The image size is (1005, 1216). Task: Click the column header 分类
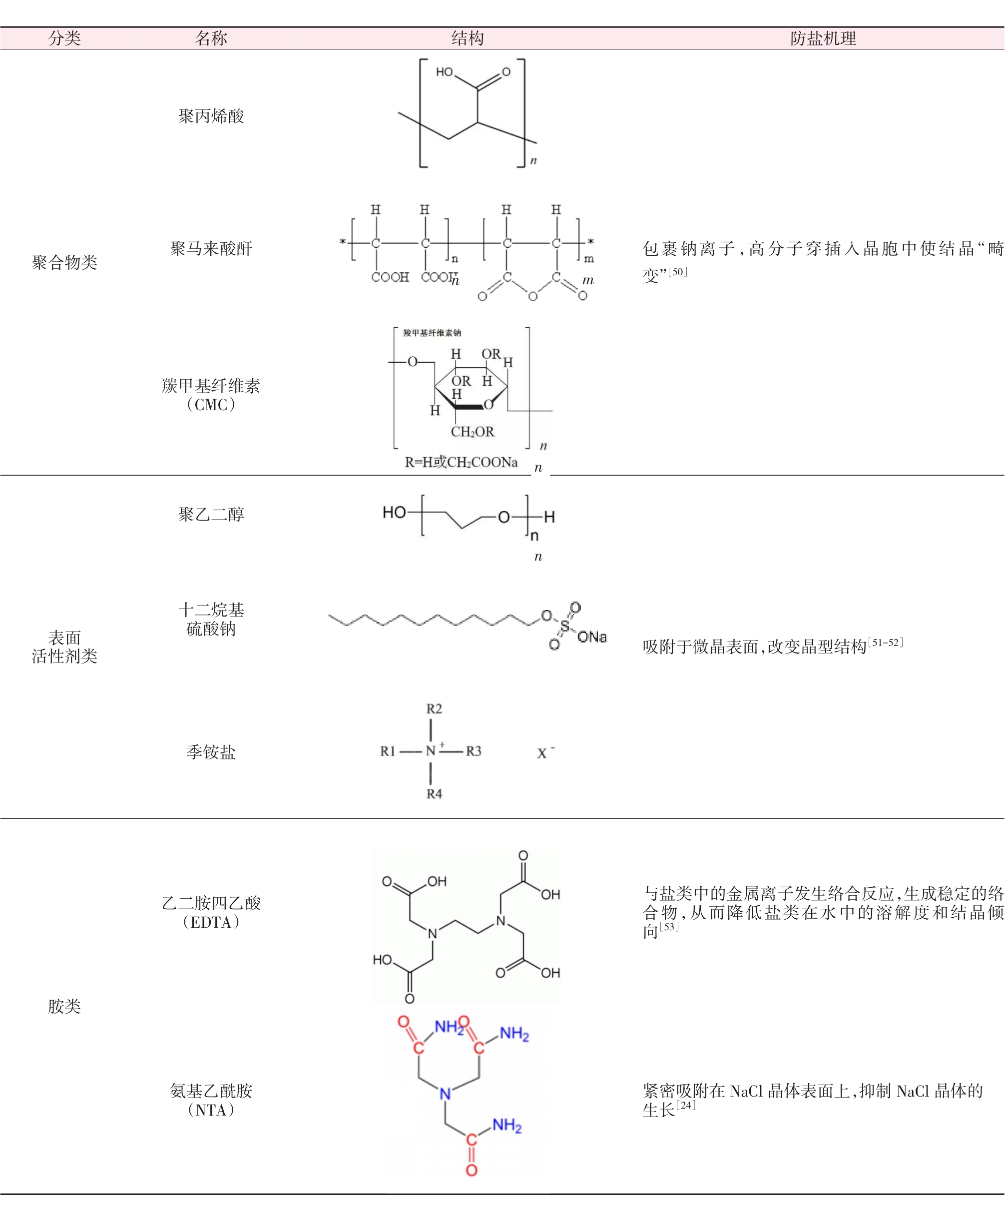(x=64, y=38)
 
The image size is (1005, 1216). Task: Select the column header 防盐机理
(x=823, y=38)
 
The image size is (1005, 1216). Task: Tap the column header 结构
(x=467, y=38)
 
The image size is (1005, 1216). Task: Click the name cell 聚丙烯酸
(x=211, y=116)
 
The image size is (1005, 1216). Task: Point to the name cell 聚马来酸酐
(x=211, y=248)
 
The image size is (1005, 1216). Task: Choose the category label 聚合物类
(x=64, y=262)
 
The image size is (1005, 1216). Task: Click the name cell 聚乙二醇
(x=211, y=514)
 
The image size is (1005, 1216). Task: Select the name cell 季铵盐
(x=211, y=751)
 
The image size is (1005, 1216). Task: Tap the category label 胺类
(x=64, y=1006)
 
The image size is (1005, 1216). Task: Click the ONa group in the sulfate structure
(x=591, y=637)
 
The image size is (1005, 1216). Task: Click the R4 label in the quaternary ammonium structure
(x=434, y=794)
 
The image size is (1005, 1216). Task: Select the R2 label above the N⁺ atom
(x=434, y=709)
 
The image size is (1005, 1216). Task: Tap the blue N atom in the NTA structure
(x=445, y=1094)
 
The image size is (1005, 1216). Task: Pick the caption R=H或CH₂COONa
(x=461, y=462)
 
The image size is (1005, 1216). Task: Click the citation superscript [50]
(x=677, y=272)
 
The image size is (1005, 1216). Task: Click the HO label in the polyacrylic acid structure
(x=445, y=72)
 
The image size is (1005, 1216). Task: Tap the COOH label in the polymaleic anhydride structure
(x=390, y=277)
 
